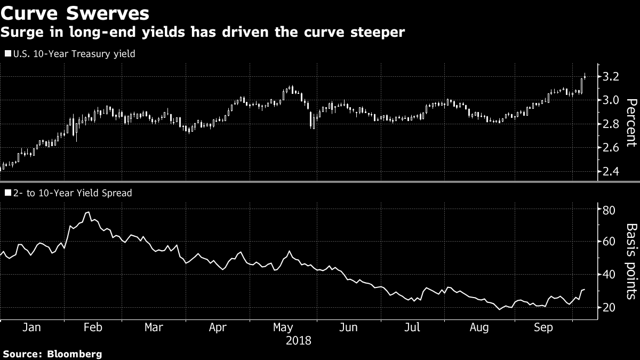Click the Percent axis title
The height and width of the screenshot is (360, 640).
[x=630, y=123]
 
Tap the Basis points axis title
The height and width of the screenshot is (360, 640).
[x=630, y=261]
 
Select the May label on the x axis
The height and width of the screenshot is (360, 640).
[x=283, y=327]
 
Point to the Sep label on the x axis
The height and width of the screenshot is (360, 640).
[x=543, y=327]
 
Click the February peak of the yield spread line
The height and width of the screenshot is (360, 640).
[x=87, y=212]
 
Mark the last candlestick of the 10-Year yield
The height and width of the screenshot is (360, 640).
[x=585, y=76]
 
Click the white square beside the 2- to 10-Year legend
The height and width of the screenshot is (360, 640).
[x=7, y=193]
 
